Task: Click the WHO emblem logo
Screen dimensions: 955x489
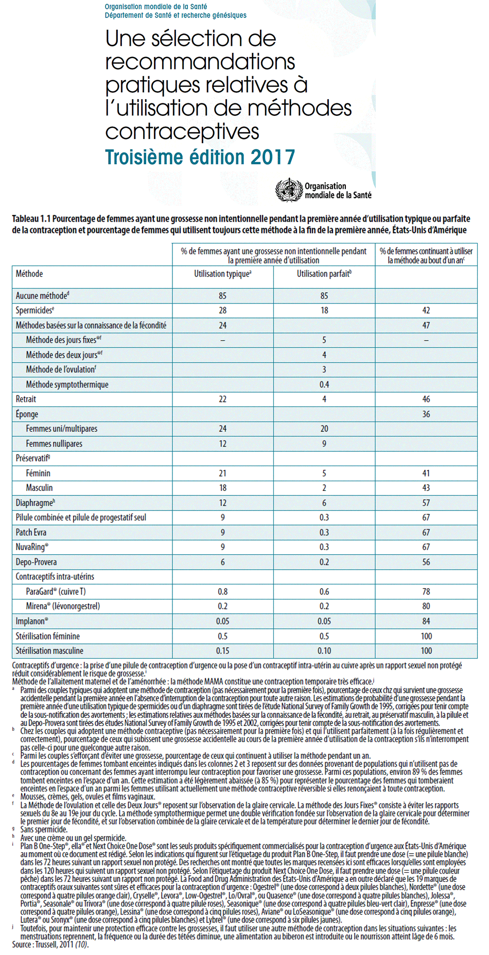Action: [288, 190]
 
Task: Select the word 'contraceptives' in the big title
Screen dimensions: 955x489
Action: [182, 132]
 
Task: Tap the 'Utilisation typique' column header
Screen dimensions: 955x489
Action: [222, 274]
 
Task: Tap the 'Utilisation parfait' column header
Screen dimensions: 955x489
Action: [324, 274]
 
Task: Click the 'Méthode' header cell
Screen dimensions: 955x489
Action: [29, 274]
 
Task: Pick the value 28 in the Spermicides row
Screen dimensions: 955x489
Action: [222, 311]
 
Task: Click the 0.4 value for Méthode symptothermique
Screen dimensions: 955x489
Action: [324, 385]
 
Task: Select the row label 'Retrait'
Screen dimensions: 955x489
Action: [26, 399]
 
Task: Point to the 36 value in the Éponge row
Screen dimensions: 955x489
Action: [426, 414]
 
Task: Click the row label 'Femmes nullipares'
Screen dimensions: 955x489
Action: [54, 444]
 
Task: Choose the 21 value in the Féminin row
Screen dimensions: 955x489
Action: [222, 473]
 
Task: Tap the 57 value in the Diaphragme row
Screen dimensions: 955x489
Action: [426, 503]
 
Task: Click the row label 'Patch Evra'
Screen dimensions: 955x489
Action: [31, 533]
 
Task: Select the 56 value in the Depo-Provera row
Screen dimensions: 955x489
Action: [426, 562]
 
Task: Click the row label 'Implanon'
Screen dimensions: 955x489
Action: [31, 622]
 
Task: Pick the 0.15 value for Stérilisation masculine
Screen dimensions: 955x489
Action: [222, 651]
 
